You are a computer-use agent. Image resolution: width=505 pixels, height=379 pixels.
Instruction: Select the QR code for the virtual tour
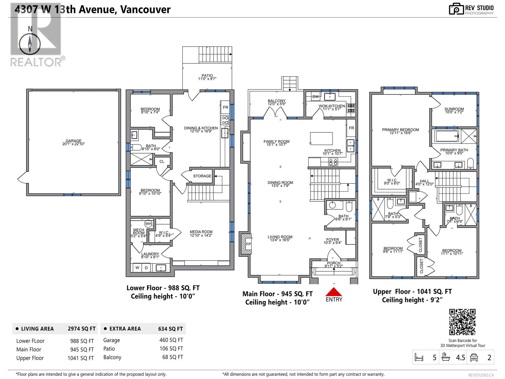(462, 322)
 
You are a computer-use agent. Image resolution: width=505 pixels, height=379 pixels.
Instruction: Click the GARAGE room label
(74, 141)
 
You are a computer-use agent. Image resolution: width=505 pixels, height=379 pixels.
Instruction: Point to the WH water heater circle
(148, 223)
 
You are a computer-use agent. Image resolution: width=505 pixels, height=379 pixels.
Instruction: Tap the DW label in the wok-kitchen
(316, 97)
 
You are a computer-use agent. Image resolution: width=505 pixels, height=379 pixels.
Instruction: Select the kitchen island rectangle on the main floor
(321, 139)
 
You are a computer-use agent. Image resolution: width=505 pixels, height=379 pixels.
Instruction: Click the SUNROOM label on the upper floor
(454, 109)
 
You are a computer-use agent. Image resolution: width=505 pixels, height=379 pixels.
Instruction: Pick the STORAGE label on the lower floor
(202, 176)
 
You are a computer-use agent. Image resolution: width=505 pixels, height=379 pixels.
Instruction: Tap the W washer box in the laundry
(137, 268)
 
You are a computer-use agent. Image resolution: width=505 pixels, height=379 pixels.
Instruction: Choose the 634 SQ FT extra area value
(170, 329)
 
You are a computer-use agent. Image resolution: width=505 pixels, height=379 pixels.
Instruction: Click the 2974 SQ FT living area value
(82, 329)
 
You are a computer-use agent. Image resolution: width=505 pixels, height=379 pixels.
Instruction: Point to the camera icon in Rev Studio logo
(456, 9)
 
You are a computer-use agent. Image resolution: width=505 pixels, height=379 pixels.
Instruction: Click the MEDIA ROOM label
(201, 232)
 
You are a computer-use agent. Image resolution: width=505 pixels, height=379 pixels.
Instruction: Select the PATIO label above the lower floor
(207, 75)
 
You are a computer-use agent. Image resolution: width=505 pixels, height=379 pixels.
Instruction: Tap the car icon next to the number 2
(474, 358)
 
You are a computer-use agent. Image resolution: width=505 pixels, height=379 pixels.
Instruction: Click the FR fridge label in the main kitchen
(351, 128)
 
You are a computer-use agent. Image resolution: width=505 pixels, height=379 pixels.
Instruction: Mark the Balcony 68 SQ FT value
(173, 357)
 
